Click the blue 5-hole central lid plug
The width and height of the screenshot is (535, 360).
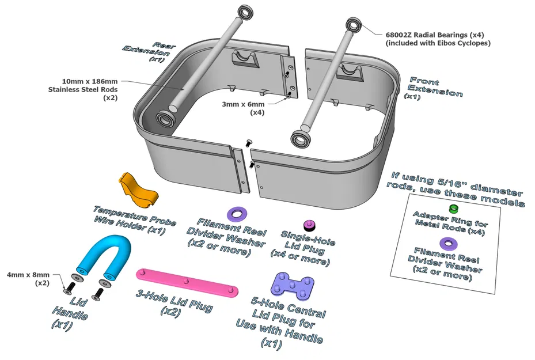293,285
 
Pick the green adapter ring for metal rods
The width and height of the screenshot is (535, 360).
454,208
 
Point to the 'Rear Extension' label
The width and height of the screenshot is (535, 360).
148,51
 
